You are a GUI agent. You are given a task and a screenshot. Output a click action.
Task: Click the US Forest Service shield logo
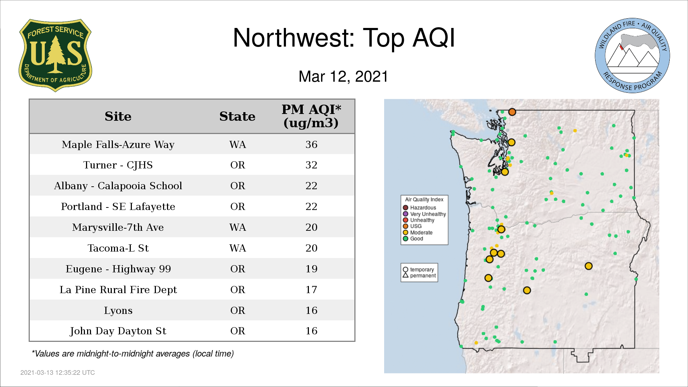point(55,56)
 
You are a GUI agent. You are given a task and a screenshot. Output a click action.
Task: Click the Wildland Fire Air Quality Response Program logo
point(632,56)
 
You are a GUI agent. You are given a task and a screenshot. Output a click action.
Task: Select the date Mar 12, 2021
point(343,77)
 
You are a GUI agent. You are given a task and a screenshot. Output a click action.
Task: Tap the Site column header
point(118,116)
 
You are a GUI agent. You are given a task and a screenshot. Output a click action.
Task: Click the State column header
point(237,116)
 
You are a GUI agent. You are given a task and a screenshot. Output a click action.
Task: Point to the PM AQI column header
point(311,116)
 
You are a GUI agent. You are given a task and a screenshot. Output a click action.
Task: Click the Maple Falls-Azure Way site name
point(118,144)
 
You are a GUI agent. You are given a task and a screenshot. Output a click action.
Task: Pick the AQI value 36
point(311,144)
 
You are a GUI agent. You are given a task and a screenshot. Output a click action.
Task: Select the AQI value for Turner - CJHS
point(311,165)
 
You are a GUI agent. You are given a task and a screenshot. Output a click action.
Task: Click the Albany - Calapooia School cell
point(118,186)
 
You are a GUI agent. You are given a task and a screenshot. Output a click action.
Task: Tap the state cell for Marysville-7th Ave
point(238,227)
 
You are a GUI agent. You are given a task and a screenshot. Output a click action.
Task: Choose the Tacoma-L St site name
point(118,248)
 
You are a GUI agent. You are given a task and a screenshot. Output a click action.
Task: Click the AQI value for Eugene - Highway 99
point(311,269)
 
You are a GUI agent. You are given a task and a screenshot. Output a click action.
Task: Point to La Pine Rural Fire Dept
point(118,290)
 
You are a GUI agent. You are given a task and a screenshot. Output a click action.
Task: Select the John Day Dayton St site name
point(118,331)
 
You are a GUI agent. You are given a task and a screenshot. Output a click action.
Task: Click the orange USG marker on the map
point(512,112)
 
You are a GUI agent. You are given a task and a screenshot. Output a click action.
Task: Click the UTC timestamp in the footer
point(58,373)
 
